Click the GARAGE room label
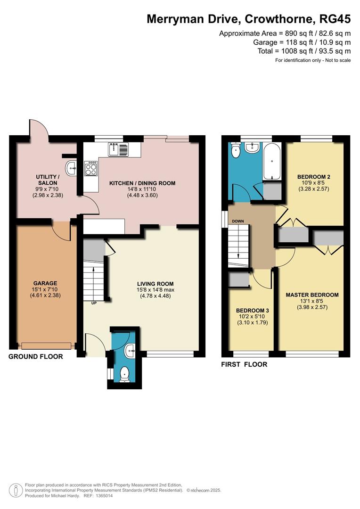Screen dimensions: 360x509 click(x=45, y=283)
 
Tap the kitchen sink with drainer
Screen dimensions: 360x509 click(x=119, y=149)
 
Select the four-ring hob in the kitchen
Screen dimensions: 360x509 click(x=91, y=169)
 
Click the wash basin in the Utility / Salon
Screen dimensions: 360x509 click(x=71, y=168)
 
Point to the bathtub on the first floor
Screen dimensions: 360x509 click(x=272, y=161)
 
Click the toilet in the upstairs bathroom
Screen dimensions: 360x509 click(x=235, y=150)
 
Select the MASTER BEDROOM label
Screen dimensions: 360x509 click(x=312, y=295)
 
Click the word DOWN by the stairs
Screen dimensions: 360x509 click(x=238, y=221)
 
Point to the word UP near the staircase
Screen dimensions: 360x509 click(x=94, y=303)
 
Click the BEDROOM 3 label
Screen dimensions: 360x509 click(x=252, y=310)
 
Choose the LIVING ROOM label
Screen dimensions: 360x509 click(x=155, y=283)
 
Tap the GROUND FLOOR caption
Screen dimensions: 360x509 click(x=36, y=356)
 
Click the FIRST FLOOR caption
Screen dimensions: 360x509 click(x=244, y=364)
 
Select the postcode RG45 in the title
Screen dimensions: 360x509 click(x=335, y=19)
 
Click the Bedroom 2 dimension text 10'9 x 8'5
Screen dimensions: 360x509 click(x=313, y=183)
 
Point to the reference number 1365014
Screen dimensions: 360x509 click(x=103, y=496)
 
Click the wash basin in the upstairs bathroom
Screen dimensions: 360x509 click(x=252, y=148)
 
